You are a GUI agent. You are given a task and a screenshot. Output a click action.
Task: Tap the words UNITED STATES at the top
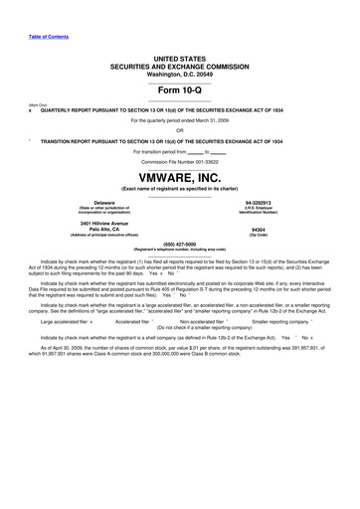tap(179, 60)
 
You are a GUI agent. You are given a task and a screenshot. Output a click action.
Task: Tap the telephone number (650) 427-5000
tap(179, 243)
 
